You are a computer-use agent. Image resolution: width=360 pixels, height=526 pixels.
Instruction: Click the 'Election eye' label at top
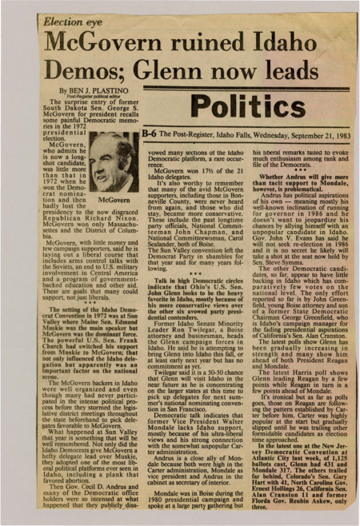(x=72, y=16)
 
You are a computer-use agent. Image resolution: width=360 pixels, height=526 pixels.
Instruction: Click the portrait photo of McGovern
(x=113, y=163)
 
